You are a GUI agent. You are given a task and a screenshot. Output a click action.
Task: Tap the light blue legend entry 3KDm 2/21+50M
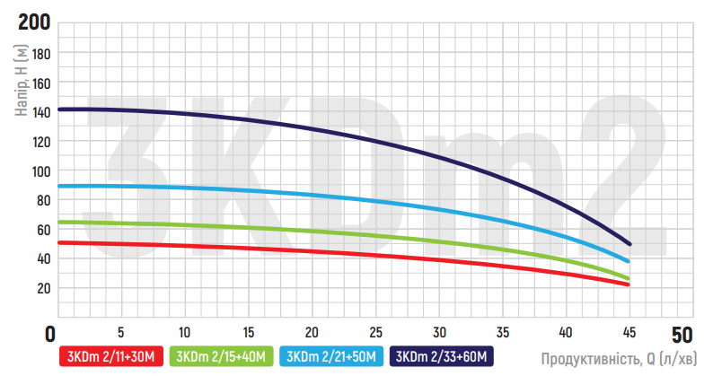tap(332, 356)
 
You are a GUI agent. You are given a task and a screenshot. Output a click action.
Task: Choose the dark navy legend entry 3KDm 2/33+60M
tap(443, 356)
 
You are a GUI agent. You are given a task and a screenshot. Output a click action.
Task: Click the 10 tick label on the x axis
tap(184, 328)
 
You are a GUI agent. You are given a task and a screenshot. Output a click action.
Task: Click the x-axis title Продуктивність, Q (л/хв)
tap(618, 358)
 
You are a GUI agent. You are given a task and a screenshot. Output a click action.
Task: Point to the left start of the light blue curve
tap(59, 186)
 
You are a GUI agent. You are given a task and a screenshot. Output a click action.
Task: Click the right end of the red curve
tap(629, 284)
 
